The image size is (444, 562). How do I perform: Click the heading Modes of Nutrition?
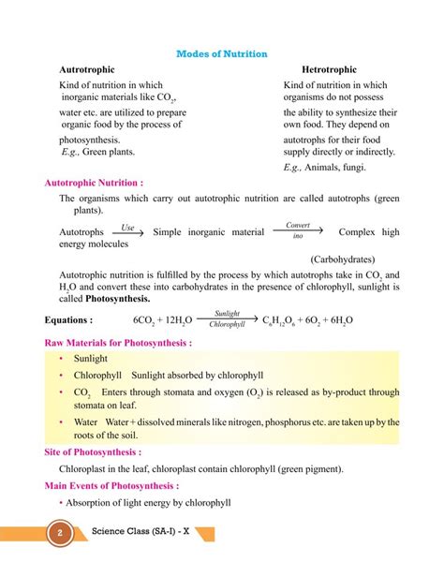[222, 54]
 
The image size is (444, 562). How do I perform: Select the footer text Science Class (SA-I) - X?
[144, 534]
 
